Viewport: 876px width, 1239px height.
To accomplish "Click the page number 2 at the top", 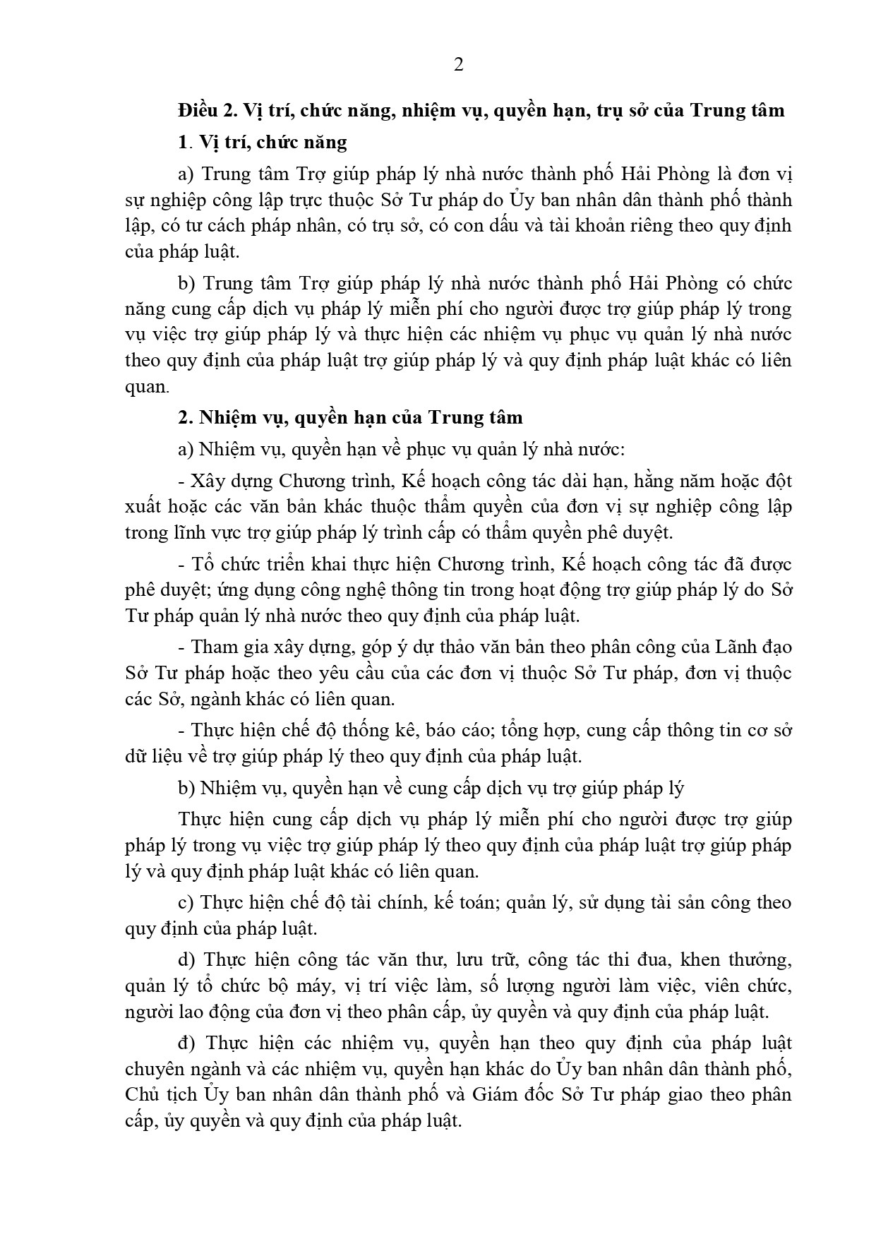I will pyautogui.click(x=458, y=66).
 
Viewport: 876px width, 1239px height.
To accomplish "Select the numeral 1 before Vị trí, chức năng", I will pyautogui.click(x=184, y=143).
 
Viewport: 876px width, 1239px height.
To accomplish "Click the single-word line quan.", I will pyautogui.click(x=145, y=387).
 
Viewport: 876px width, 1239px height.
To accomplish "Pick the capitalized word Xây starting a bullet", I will pyautogui.click(x=208, y=481).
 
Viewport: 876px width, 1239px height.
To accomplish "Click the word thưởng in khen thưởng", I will pyautogui.click(x=760, y=960).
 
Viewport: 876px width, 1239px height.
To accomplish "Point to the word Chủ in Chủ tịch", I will pyautogui.click(x=143, y=1095).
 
